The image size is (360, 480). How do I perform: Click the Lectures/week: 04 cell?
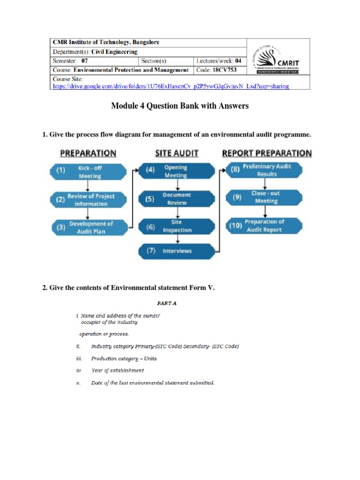click(219, 60)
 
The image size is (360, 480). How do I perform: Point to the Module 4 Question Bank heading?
click(180, 106)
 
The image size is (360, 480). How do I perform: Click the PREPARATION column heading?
click(88, 153)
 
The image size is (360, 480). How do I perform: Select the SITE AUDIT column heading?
click(177, 153)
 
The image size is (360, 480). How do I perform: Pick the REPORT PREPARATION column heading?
click(266, 153)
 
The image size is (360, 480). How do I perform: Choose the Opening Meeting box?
click(176, 171)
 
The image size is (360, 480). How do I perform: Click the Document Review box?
click(176, 199)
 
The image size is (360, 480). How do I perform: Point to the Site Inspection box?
click(176, 226)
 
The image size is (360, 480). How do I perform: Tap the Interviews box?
click(176, 251)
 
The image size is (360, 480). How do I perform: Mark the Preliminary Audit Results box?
click(265, 170)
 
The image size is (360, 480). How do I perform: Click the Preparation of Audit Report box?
click(265, 225)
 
